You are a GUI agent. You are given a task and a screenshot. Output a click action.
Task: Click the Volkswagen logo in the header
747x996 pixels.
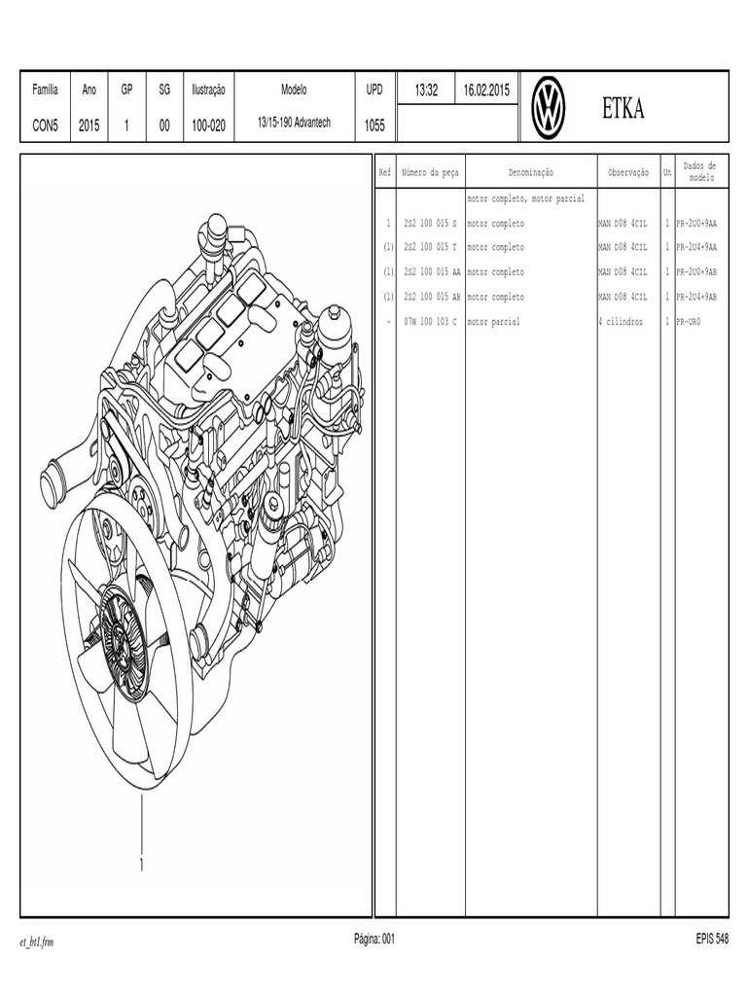[549, 108]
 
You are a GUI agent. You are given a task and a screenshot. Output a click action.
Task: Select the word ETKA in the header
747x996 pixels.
[623, 109]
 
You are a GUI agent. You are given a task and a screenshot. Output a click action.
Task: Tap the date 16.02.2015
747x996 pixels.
[486, 89]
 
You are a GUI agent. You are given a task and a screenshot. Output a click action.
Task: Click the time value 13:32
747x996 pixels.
[427, 89]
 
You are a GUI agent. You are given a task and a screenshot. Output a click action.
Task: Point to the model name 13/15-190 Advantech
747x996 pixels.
[294, 124]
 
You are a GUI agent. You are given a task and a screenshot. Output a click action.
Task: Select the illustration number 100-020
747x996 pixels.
[208, 124]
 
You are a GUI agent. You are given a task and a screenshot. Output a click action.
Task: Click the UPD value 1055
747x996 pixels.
[374, 124]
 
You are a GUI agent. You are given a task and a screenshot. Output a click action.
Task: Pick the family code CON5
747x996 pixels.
[46, 124]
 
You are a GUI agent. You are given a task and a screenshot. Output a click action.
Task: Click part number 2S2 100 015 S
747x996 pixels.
[429, 224]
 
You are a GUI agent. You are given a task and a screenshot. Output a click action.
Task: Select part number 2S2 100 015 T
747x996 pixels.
[429, 248]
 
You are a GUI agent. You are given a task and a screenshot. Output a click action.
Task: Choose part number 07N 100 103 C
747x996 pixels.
[429, 321]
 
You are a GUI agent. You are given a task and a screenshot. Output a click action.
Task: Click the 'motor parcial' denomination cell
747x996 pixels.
[493, 321]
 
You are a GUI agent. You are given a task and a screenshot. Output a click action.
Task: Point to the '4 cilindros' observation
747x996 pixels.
[621, 321]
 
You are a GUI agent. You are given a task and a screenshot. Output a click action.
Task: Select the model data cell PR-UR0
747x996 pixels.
[689, 321]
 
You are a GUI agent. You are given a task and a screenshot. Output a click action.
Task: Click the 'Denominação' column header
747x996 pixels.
[530, 172]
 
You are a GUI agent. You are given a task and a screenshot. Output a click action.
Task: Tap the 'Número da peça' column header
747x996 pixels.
[430, 172]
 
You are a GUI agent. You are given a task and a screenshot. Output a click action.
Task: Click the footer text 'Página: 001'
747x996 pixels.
[374, 939]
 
